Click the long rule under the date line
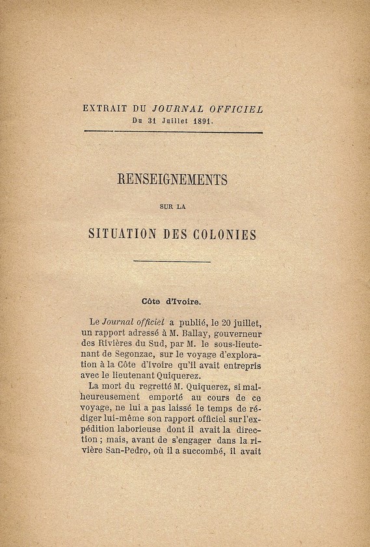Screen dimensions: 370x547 pos(172,132)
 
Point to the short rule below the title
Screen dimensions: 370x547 pos(172,261)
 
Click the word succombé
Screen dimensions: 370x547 pos(218,450)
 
